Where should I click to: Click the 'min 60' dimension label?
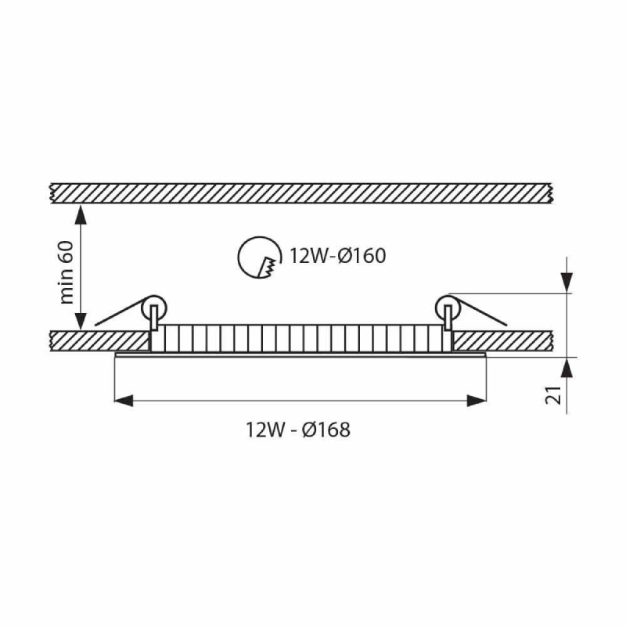click(67, 272)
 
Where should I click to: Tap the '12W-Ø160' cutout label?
click(337, 256)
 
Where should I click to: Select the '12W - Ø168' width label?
click(298, 430)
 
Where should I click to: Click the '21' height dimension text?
click(553, 395)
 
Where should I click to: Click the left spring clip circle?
click(153, 308)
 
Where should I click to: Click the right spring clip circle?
click(448, 308)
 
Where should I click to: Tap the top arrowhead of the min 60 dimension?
click(81, 214)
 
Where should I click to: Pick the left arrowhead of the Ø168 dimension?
click(124, 401)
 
